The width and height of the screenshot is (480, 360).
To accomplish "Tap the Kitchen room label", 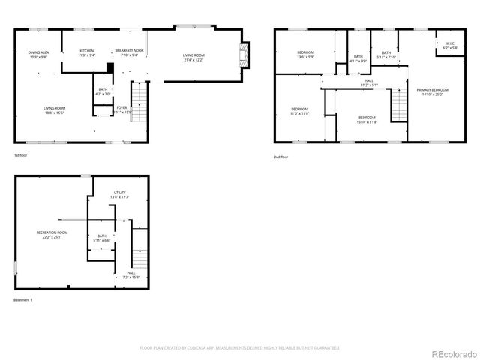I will (x=87, y=52).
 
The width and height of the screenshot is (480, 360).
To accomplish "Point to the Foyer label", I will (x=121, y=109).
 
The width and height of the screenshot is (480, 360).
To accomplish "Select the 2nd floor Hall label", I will (x=369, y=81).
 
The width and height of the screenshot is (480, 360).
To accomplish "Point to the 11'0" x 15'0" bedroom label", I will (x=300, y=112).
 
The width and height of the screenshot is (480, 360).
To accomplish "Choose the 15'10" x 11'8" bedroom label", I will (x=367, y=119).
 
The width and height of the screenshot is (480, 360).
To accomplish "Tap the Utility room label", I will (x=120, y=194).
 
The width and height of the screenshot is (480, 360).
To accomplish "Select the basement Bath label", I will (x=102, y=238).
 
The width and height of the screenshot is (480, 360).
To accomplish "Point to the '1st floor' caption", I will (x=22, y=155).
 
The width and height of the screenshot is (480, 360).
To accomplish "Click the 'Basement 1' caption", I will (x=23, y=300).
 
